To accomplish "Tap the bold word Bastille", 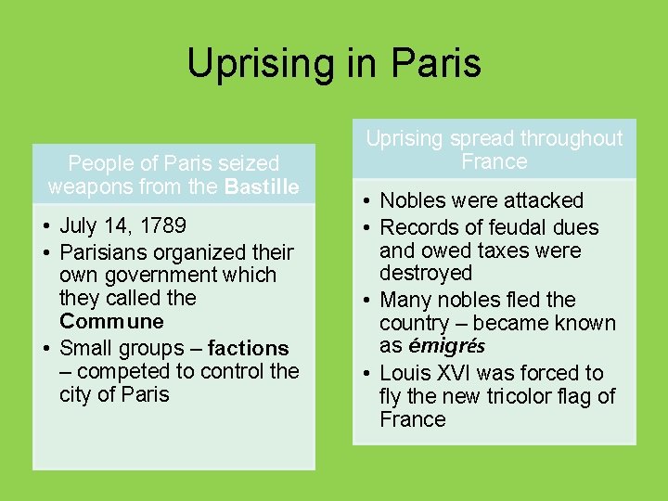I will click(262, 186).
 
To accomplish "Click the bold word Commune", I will click(111, 321).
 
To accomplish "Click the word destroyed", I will click(426, 273).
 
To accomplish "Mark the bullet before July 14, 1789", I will click(45, 225).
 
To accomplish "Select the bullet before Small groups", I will click(45, 349).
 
